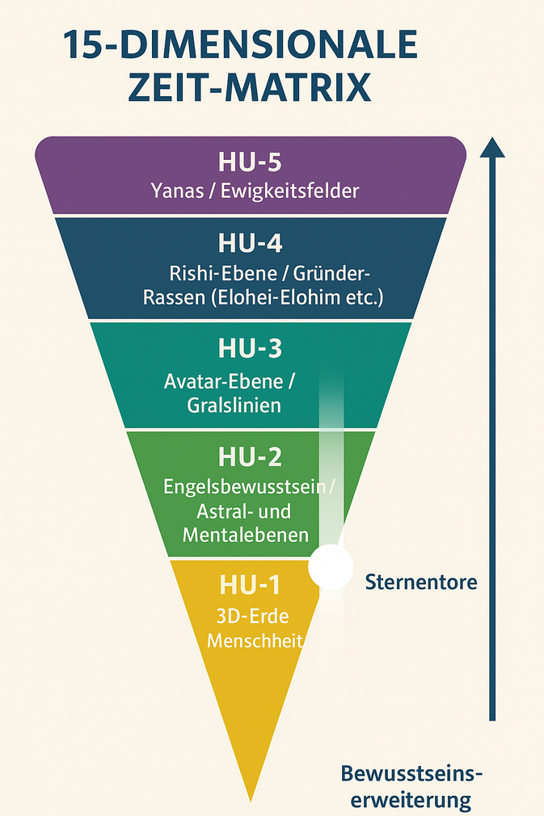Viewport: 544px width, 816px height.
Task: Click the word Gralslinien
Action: point(234,405)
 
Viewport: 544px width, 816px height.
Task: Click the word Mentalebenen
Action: point(246,535)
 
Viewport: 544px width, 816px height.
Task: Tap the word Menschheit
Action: point(253,641)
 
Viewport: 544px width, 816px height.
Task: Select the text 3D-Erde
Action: point(253,616)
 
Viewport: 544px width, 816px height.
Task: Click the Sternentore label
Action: point(421,582)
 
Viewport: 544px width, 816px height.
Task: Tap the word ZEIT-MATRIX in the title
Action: point(249,87)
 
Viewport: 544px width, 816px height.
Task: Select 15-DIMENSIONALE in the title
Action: point(240,44)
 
